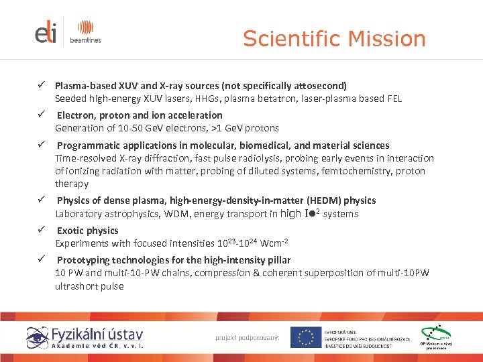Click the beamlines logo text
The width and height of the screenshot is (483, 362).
point(85,40)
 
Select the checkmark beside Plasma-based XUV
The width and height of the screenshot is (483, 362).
point(40,86)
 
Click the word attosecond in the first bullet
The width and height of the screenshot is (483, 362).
point(319,86)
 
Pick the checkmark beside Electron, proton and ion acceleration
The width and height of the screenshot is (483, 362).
point(40,115)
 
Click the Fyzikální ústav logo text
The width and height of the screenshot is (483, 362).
point(97,334)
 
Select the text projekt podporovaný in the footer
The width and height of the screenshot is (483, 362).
point(248,337)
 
